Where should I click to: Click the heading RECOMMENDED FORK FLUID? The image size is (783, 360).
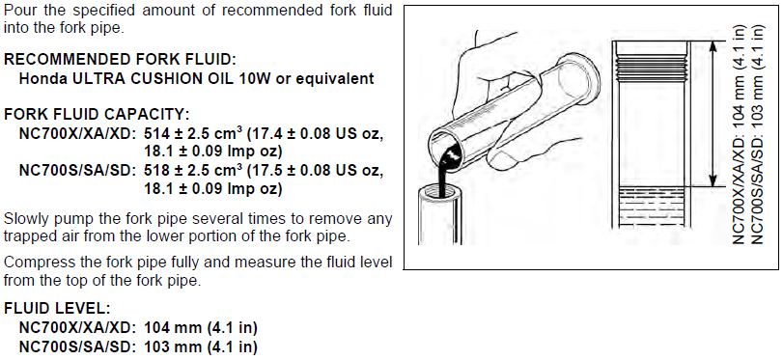pos(120,60)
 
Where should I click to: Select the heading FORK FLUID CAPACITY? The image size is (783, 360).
pos(97,115)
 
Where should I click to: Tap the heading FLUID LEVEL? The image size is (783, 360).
pos(57,308)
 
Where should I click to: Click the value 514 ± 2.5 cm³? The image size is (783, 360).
pos(193,134)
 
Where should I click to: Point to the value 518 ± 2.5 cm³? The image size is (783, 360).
pos(193,171)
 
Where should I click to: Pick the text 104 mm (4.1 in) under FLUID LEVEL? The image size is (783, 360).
pos(201,327)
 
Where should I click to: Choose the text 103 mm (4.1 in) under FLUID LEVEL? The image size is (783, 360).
pos(201,346)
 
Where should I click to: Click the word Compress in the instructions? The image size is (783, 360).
pos(37,263)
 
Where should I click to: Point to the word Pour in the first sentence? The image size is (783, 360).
pos(18,10)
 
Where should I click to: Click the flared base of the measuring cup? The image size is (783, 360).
pos(579,80)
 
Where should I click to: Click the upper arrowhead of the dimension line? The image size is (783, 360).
pos(713,47)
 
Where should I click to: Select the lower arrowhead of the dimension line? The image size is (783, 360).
pos(713,180)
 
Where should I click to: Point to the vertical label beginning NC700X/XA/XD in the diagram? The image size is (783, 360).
pos(740,135)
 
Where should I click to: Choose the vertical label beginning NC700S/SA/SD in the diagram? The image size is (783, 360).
pos(757,135)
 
